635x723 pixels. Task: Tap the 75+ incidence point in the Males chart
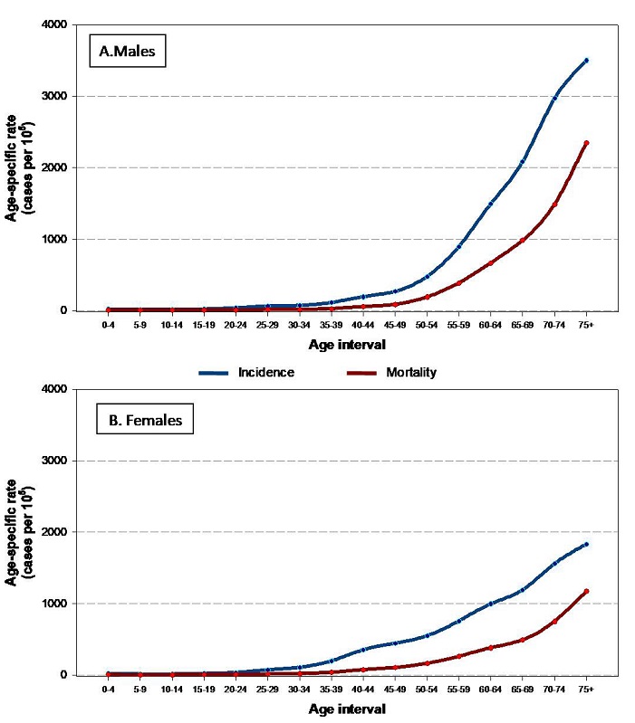point(586,61)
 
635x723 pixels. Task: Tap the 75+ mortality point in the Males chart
point(586,143)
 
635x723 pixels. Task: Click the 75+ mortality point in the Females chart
point(586,592)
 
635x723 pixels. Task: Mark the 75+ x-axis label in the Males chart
point(586,323)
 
